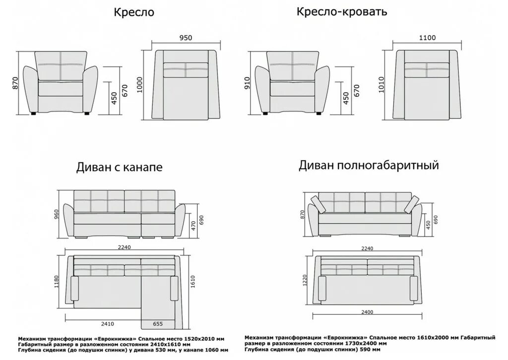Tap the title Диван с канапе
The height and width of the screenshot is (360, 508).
119,168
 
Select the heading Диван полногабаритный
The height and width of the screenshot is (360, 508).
369,165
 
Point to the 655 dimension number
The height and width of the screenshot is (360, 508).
157,324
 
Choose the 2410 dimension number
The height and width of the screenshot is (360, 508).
107,324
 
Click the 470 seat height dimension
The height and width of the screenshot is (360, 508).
192,226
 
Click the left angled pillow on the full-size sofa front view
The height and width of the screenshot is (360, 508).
316,203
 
